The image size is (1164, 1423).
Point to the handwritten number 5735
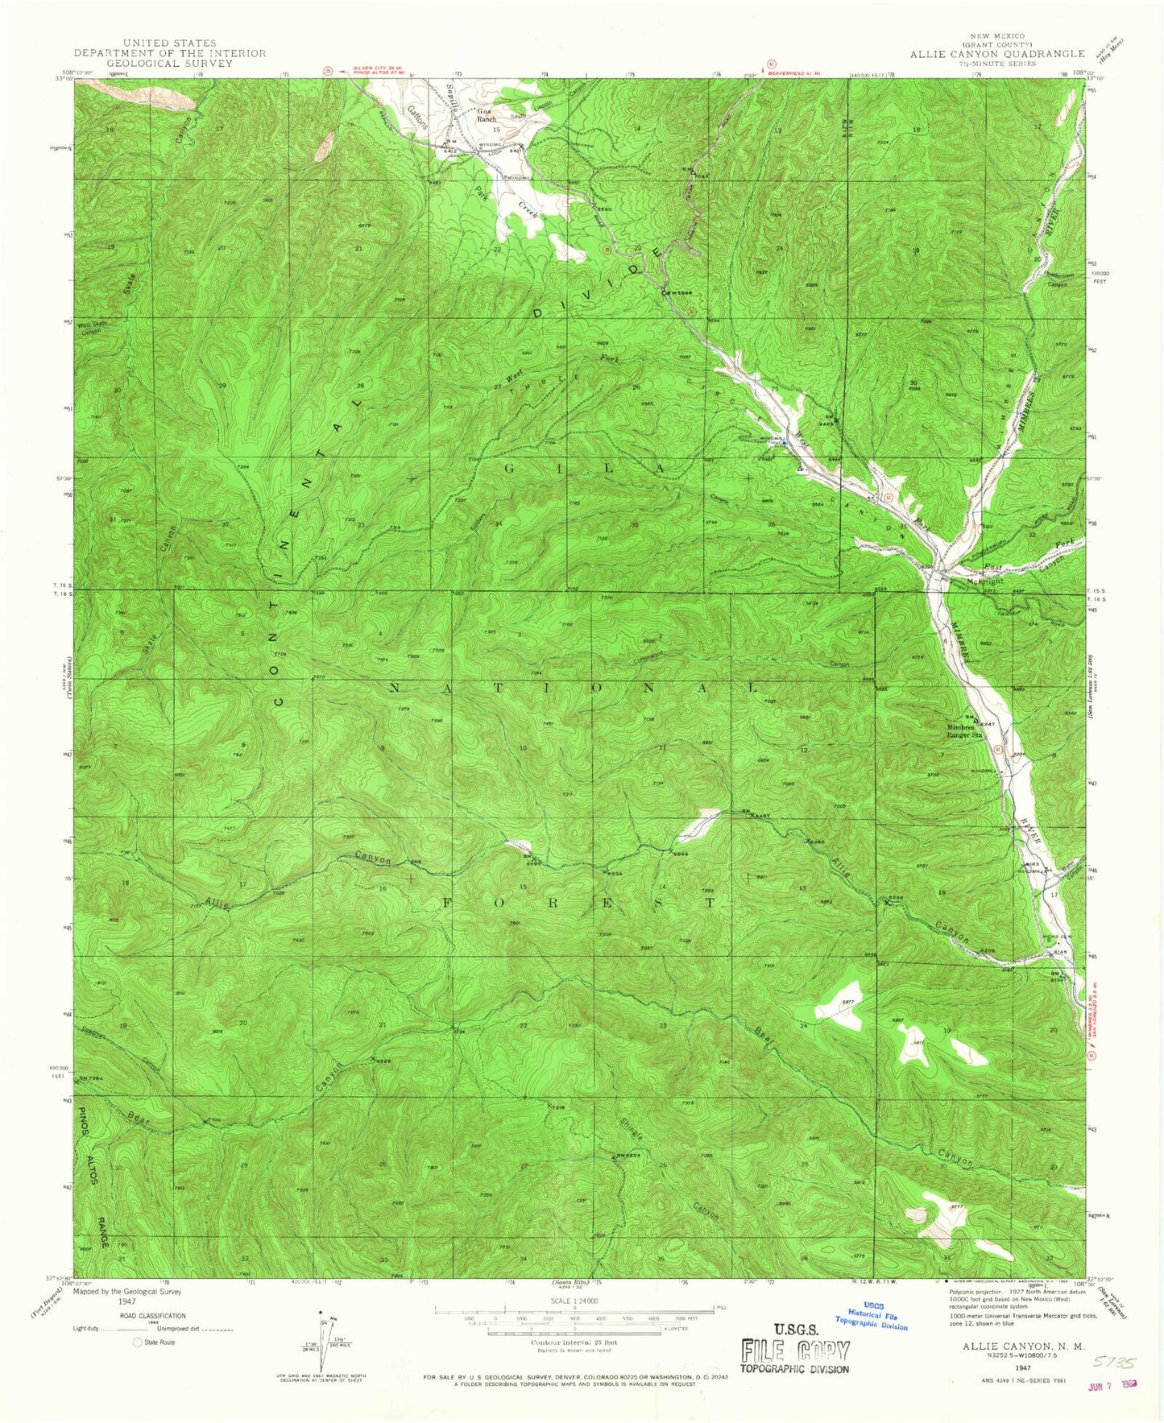(x=1114, y=1363)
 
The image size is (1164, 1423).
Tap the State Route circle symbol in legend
(x=137, y=1342)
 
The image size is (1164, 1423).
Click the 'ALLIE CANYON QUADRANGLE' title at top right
(x=997, y=53)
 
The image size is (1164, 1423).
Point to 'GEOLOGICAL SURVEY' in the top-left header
(x=169, y=64)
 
